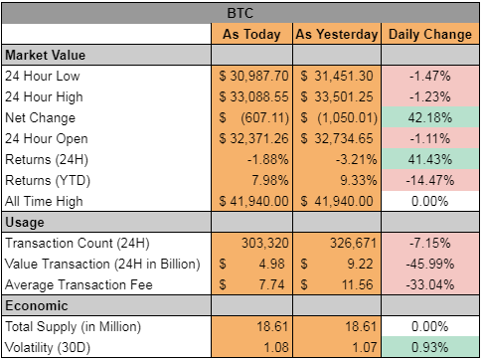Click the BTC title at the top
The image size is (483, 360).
click(x=241, y=13)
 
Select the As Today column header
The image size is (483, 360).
click(x=251, y=34)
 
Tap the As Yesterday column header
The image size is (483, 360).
click(x=337, y=34)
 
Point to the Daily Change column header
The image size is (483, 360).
click(x=430, y=34)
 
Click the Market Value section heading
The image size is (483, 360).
click(x=46, y=55)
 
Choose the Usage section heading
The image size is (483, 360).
click(x=25, y=222)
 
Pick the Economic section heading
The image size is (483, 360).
click(x=37, y=305)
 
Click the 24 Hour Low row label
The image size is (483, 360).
click(x=43, y=76)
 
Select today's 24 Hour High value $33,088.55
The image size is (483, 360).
click(x=253, y=96)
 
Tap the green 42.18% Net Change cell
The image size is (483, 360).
click(x=430, y=117)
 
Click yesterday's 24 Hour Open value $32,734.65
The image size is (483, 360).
click(x=337, y=138)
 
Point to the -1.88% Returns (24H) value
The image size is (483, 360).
click(x=267, y=159)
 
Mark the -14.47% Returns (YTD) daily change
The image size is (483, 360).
click(x=430, y=180)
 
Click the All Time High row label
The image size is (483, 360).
click(x=44, y=201)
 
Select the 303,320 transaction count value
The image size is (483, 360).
click(x=264, y=243)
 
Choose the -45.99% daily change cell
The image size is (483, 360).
click(x=430, y=264)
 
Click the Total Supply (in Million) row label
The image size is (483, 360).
click(x=73, y=326)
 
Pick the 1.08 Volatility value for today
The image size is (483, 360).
click(x=276, y=347)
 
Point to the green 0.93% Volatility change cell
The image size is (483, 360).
click(x=430, y=347)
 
